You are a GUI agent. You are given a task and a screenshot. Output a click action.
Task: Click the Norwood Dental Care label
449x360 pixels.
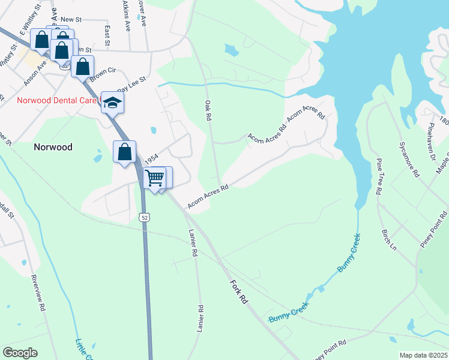point(56,101)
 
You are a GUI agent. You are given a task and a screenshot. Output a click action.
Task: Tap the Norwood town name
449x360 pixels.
point(53,147)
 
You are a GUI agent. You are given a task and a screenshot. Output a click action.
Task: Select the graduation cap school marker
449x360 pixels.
point(112,103)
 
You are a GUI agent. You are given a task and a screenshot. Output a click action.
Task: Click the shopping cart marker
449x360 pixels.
point(155,178)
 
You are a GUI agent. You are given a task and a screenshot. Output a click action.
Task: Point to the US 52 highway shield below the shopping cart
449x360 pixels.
point(145,217)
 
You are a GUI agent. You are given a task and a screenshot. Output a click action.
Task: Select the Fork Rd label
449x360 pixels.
point(238,289)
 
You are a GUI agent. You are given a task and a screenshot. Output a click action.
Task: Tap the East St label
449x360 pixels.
point(107,35)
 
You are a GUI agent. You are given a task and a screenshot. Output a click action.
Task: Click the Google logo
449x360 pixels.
point(20,353)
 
